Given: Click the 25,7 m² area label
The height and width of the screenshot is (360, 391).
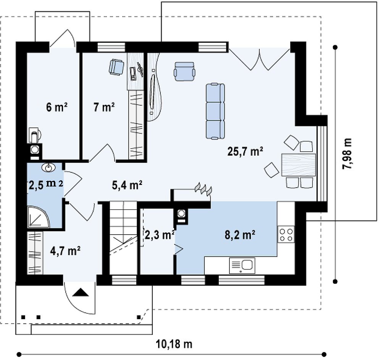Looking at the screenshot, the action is click(x=245, y=151).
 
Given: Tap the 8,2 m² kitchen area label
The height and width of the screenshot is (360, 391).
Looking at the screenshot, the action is click(x=240, y=235).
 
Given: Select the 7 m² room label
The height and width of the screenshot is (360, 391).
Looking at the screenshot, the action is click(x=104, y=107).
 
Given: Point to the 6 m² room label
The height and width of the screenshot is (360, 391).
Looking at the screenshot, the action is click(x=57, y=107).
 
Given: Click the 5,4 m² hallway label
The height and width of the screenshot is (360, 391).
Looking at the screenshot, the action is click(x=127, y=185).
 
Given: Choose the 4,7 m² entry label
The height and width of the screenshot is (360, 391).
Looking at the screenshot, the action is click(x=65, y=251).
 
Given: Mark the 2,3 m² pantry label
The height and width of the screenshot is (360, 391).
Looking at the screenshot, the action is click(x=159, y=235).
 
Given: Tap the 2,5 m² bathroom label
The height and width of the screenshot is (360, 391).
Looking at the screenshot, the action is click(x=46, y=185).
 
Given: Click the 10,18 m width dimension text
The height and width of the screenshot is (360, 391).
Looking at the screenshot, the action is click(x=174, y=344).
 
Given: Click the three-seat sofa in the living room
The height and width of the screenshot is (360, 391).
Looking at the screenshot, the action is click(x=215, y=111).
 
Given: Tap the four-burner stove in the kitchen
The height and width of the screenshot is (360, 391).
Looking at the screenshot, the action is click(x=286, y=235).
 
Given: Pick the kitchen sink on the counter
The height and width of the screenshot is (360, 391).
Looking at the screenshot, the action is click(x=242, y=265).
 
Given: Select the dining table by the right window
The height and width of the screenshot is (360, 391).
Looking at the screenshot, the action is click(x=299, y=165).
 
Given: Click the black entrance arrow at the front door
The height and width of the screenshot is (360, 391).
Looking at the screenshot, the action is click(x=81, y=292).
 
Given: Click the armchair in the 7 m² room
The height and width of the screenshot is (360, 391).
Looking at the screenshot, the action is click(x=116, y=67).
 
